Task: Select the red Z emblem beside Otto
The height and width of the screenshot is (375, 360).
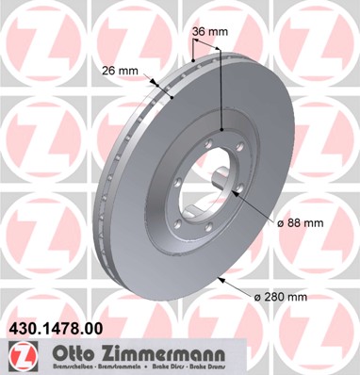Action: point(20,358)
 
